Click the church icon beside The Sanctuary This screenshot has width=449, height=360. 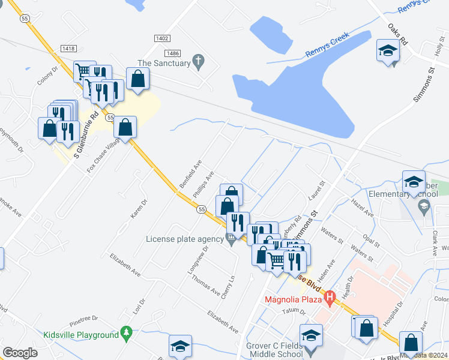[x=198, y=61]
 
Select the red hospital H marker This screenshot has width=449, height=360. [x=329, y=296]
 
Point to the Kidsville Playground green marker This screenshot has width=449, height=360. [x=126, y=332]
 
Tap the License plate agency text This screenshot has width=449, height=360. [x=185, y=239]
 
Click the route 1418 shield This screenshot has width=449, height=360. [x=68, y=48]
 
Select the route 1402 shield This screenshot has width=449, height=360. [x=161, y=38]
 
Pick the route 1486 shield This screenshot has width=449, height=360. [x=173, y=53]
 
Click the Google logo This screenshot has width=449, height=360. [x=20, y=353]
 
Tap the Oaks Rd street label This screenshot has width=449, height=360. [x=397, y=35]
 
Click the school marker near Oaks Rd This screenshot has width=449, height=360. [x=388, y=50]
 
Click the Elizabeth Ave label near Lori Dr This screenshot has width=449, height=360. [x=125, y=265]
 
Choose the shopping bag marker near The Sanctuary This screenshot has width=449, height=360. [x=138, y=79]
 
